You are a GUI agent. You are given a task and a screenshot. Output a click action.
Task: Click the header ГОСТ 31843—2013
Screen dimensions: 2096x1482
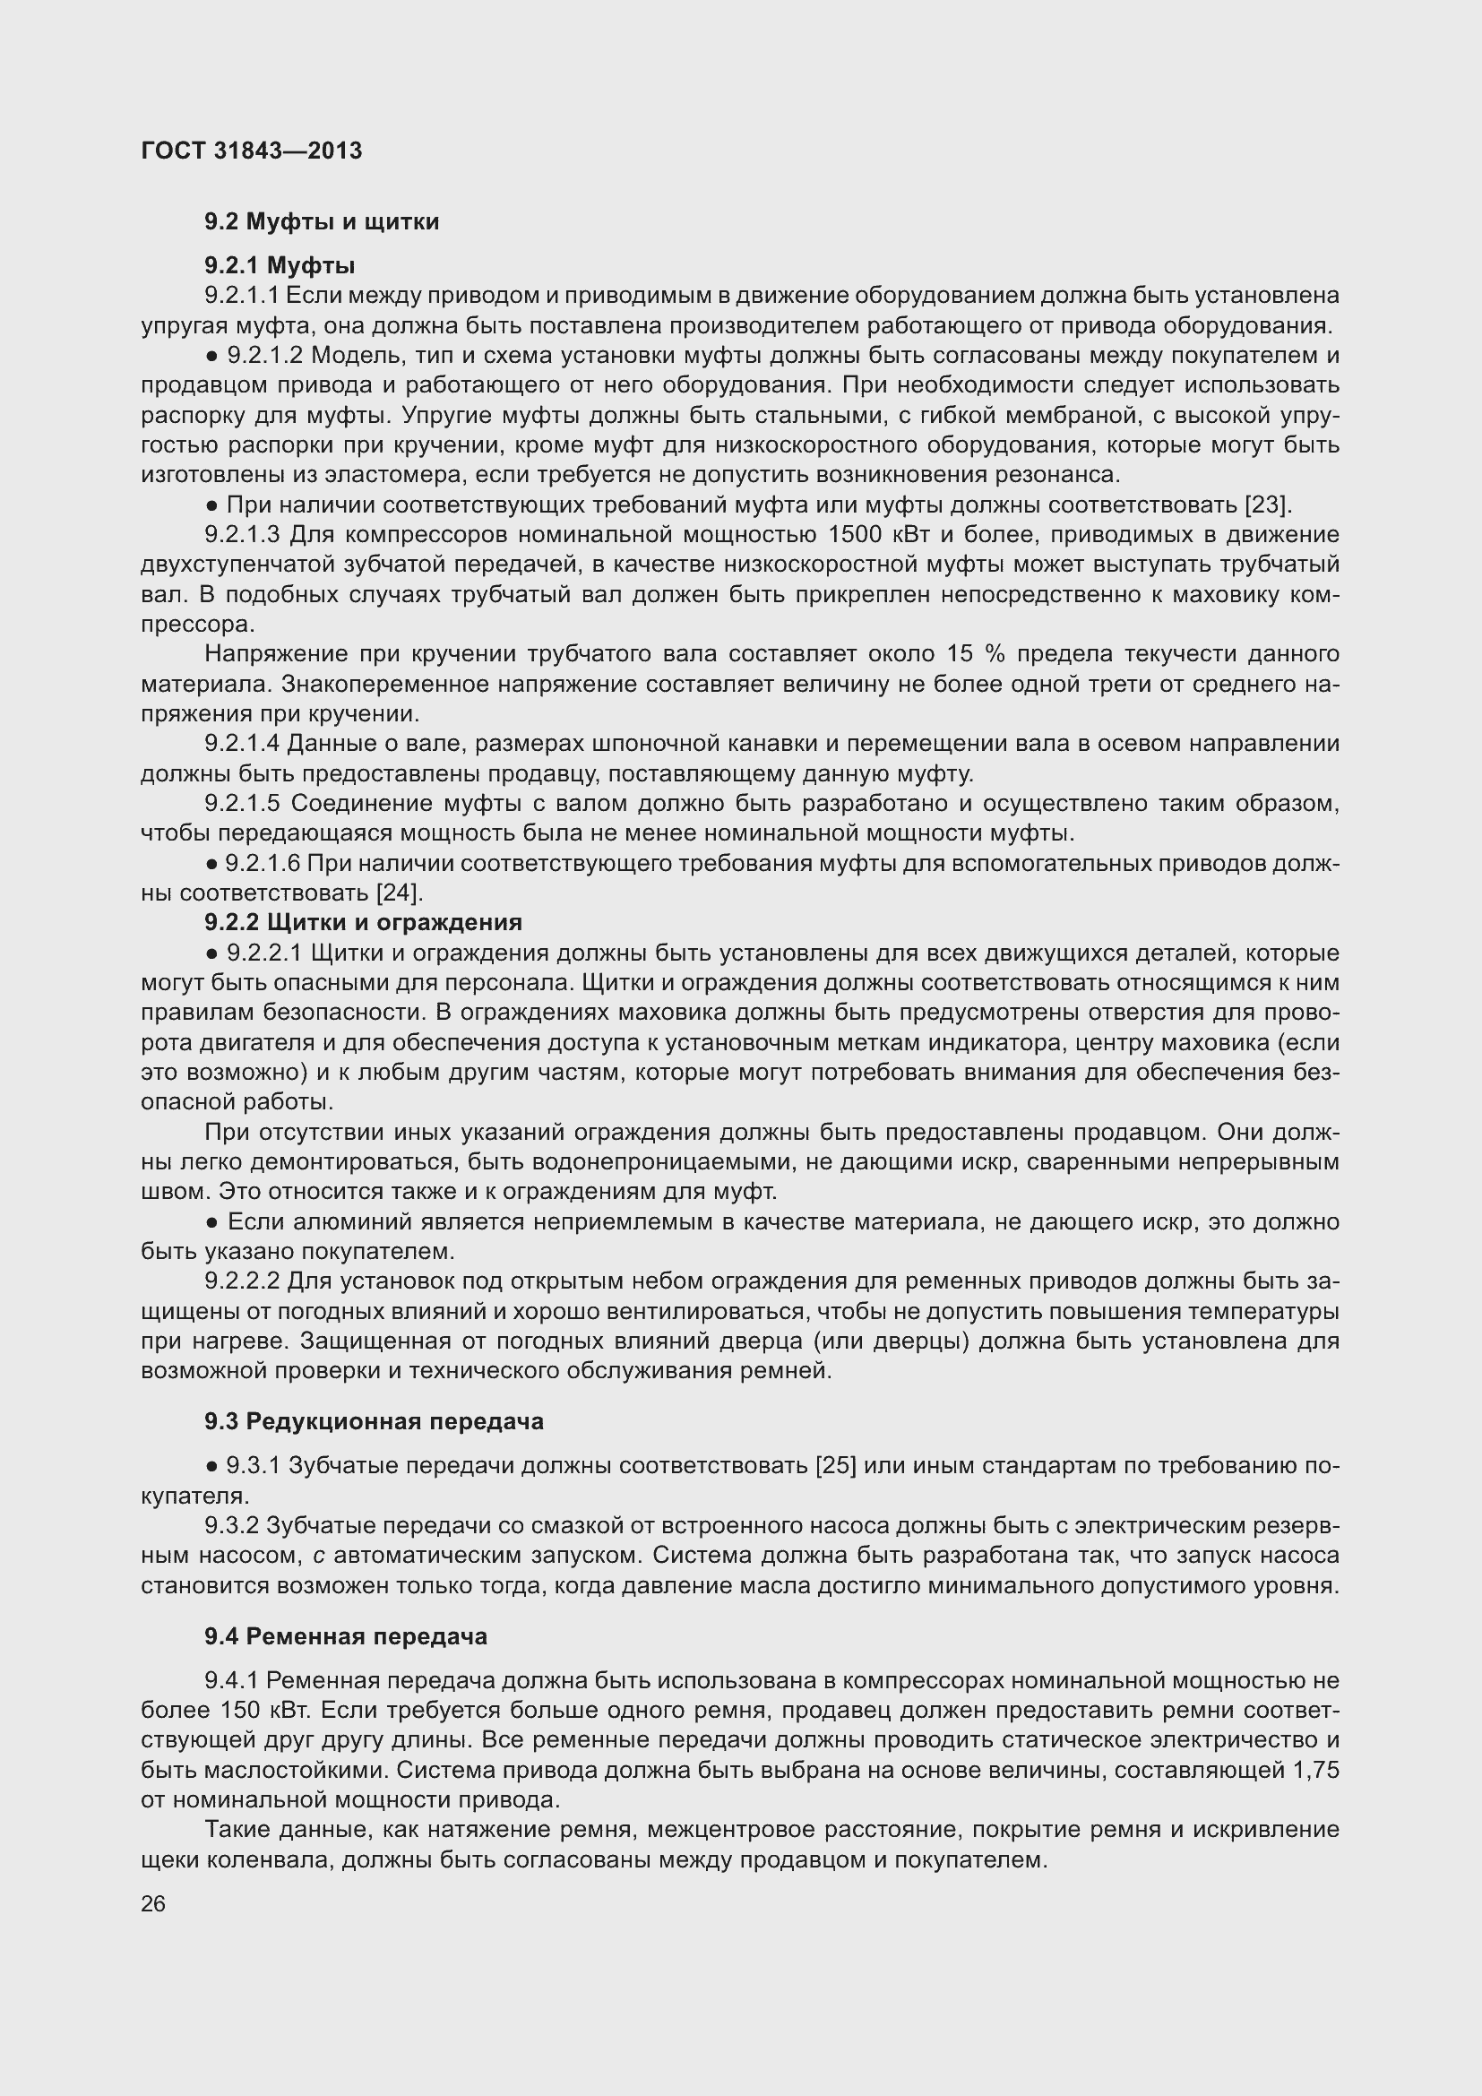[x=252, y=151]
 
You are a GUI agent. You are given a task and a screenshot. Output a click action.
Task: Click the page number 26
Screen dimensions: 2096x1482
[x=153, y=1904]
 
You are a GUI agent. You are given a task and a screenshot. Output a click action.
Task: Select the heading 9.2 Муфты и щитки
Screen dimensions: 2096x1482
[x=323, y=222]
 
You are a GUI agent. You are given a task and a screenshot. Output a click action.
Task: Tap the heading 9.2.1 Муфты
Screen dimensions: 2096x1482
[x=280, y=265]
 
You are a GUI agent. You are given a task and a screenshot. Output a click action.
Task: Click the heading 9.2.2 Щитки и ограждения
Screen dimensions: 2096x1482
[x=363, y=923]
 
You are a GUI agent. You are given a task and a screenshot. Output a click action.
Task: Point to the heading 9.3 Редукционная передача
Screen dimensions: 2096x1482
[x=375, y=1421]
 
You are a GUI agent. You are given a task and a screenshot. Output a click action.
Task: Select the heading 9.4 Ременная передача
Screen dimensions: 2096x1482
[x=346, y=1637]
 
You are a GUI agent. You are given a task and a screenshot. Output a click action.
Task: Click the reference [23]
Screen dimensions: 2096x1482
[x=1268, y=505]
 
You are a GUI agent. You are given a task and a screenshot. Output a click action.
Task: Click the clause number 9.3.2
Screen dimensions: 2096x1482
[x=233, y=1525]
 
